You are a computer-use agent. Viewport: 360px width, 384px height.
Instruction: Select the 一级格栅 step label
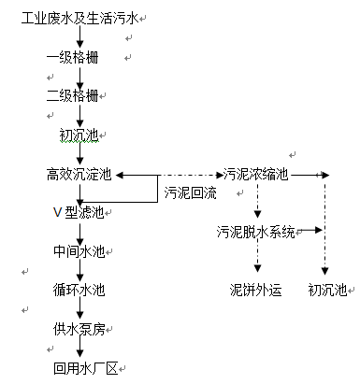(74, 58)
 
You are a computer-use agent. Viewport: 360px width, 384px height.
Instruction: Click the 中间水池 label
(79, 251)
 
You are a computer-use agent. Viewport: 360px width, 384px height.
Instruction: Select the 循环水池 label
(79, 290)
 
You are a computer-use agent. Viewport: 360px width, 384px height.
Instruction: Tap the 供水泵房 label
(79, 329)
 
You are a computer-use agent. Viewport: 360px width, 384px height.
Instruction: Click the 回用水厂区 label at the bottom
(85, 367)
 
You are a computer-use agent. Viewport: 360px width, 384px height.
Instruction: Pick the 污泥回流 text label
(190, 194)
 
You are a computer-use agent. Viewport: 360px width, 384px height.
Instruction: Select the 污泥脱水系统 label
(256, 231)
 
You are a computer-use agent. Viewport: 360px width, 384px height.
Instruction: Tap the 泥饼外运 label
(255, 290)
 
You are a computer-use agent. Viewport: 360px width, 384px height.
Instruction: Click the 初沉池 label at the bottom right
(327, 290)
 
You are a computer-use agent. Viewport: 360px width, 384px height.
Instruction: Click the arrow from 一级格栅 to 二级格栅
(79, 78)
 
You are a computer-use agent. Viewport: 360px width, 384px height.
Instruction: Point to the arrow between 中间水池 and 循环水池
(79, 271)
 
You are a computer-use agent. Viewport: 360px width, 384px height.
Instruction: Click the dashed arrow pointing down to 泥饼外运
(256, 260)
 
